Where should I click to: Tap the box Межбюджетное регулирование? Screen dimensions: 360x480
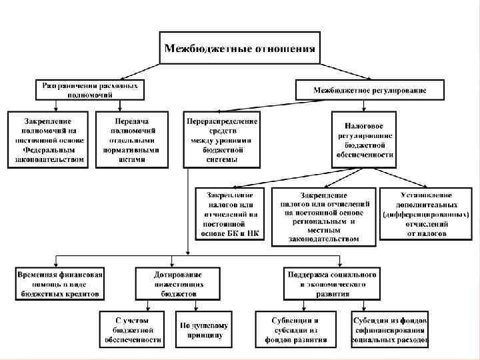pyautogui.click(x=370, y=89)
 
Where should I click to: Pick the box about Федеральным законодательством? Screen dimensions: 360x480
pyautogui.click(x=47, y=141)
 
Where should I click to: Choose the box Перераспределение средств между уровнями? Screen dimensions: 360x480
pyautogui.click(x=221, y=141)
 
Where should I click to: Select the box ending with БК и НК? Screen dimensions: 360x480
pyautogui.click(x=230, y=214)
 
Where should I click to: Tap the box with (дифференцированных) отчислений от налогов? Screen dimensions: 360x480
pyautogui.click(x=426, y=214)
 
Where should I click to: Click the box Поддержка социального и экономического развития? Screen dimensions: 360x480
pyautogui.click(x=331, y=283)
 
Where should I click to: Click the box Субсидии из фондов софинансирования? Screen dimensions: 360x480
pyautogui.click(x=390, y=329)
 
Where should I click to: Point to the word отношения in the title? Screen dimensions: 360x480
pyautogui.click(x=283, y=48)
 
